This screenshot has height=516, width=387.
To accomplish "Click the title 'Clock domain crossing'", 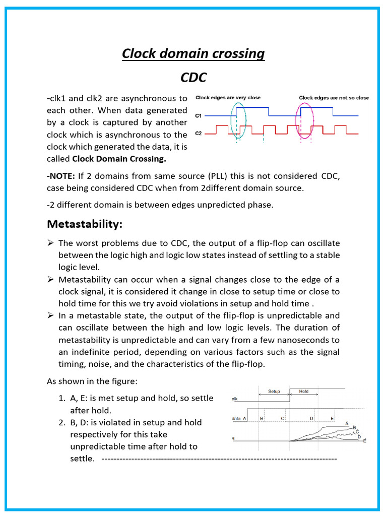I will (193, 53).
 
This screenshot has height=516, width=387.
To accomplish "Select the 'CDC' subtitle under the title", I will (193, 78).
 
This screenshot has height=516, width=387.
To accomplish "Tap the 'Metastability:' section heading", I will (85, 223).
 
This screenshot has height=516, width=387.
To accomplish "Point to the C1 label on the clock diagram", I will (199, 116).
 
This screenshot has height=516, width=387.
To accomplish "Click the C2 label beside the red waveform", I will (199, 134).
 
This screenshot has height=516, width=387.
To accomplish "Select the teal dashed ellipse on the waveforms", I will (238, 120).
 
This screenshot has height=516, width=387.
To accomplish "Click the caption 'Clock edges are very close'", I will (228, 98).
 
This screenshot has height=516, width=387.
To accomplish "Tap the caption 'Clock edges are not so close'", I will (334, 98).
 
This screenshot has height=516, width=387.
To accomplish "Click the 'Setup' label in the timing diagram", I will (274, 391).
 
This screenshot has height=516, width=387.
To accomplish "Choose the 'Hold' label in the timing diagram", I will (304, 391).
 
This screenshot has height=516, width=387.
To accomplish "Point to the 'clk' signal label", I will (234, 399).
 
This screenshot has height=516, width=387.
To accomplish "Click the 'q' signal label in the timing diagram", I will (233, 438).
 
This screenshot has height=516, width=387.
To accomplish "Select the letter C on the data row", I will (283, 418).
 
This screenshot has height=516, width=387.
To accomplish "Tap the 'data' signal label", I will (236, 418).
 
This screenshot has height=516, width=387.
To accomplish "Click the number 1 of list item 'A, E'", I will (61, 398).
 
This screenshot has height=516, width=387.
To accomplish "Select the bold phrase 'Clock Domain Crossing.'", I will (119, 159).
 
